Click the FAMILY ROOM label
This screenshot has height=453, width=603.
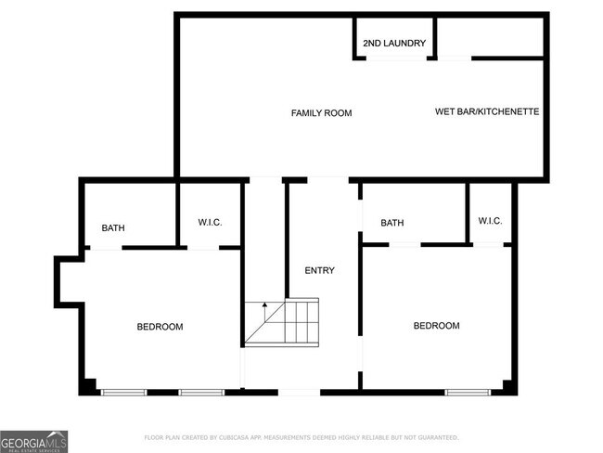[321, 113]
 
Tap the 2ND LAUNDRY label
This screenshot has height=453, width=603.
[394, 44]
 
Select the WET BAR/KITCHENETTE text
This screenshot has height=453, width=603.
[487, 112]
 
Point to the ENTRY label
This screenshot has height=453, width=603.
[319, 271]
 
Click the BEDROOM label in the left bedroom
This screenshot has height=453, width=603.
[160, 327]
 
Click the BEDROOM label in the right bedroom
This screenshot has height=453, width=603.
[436, 326]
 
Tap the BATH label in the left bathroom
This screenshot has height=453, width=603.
[113, 228]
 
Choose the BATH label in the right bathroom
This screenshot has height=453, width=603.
[391, 223]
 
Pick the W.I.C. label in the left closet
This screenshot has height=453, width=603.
[210, 222]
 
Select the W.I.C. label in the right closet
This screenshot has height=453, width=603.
[490, 221]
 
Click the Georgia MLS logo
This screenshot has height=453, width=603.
[34, 440]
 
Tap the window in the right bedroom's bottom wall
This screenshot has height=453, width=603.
[468, 392]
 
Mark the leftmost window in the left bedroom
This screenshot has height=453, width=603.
[123, 392]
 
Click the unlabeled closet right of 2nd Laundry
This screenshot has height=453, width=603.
[490, 37]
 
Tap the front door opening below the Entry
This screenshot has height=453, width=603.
[299, 392]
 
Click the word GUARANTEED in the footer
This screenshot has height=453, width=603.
[435, 437]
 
